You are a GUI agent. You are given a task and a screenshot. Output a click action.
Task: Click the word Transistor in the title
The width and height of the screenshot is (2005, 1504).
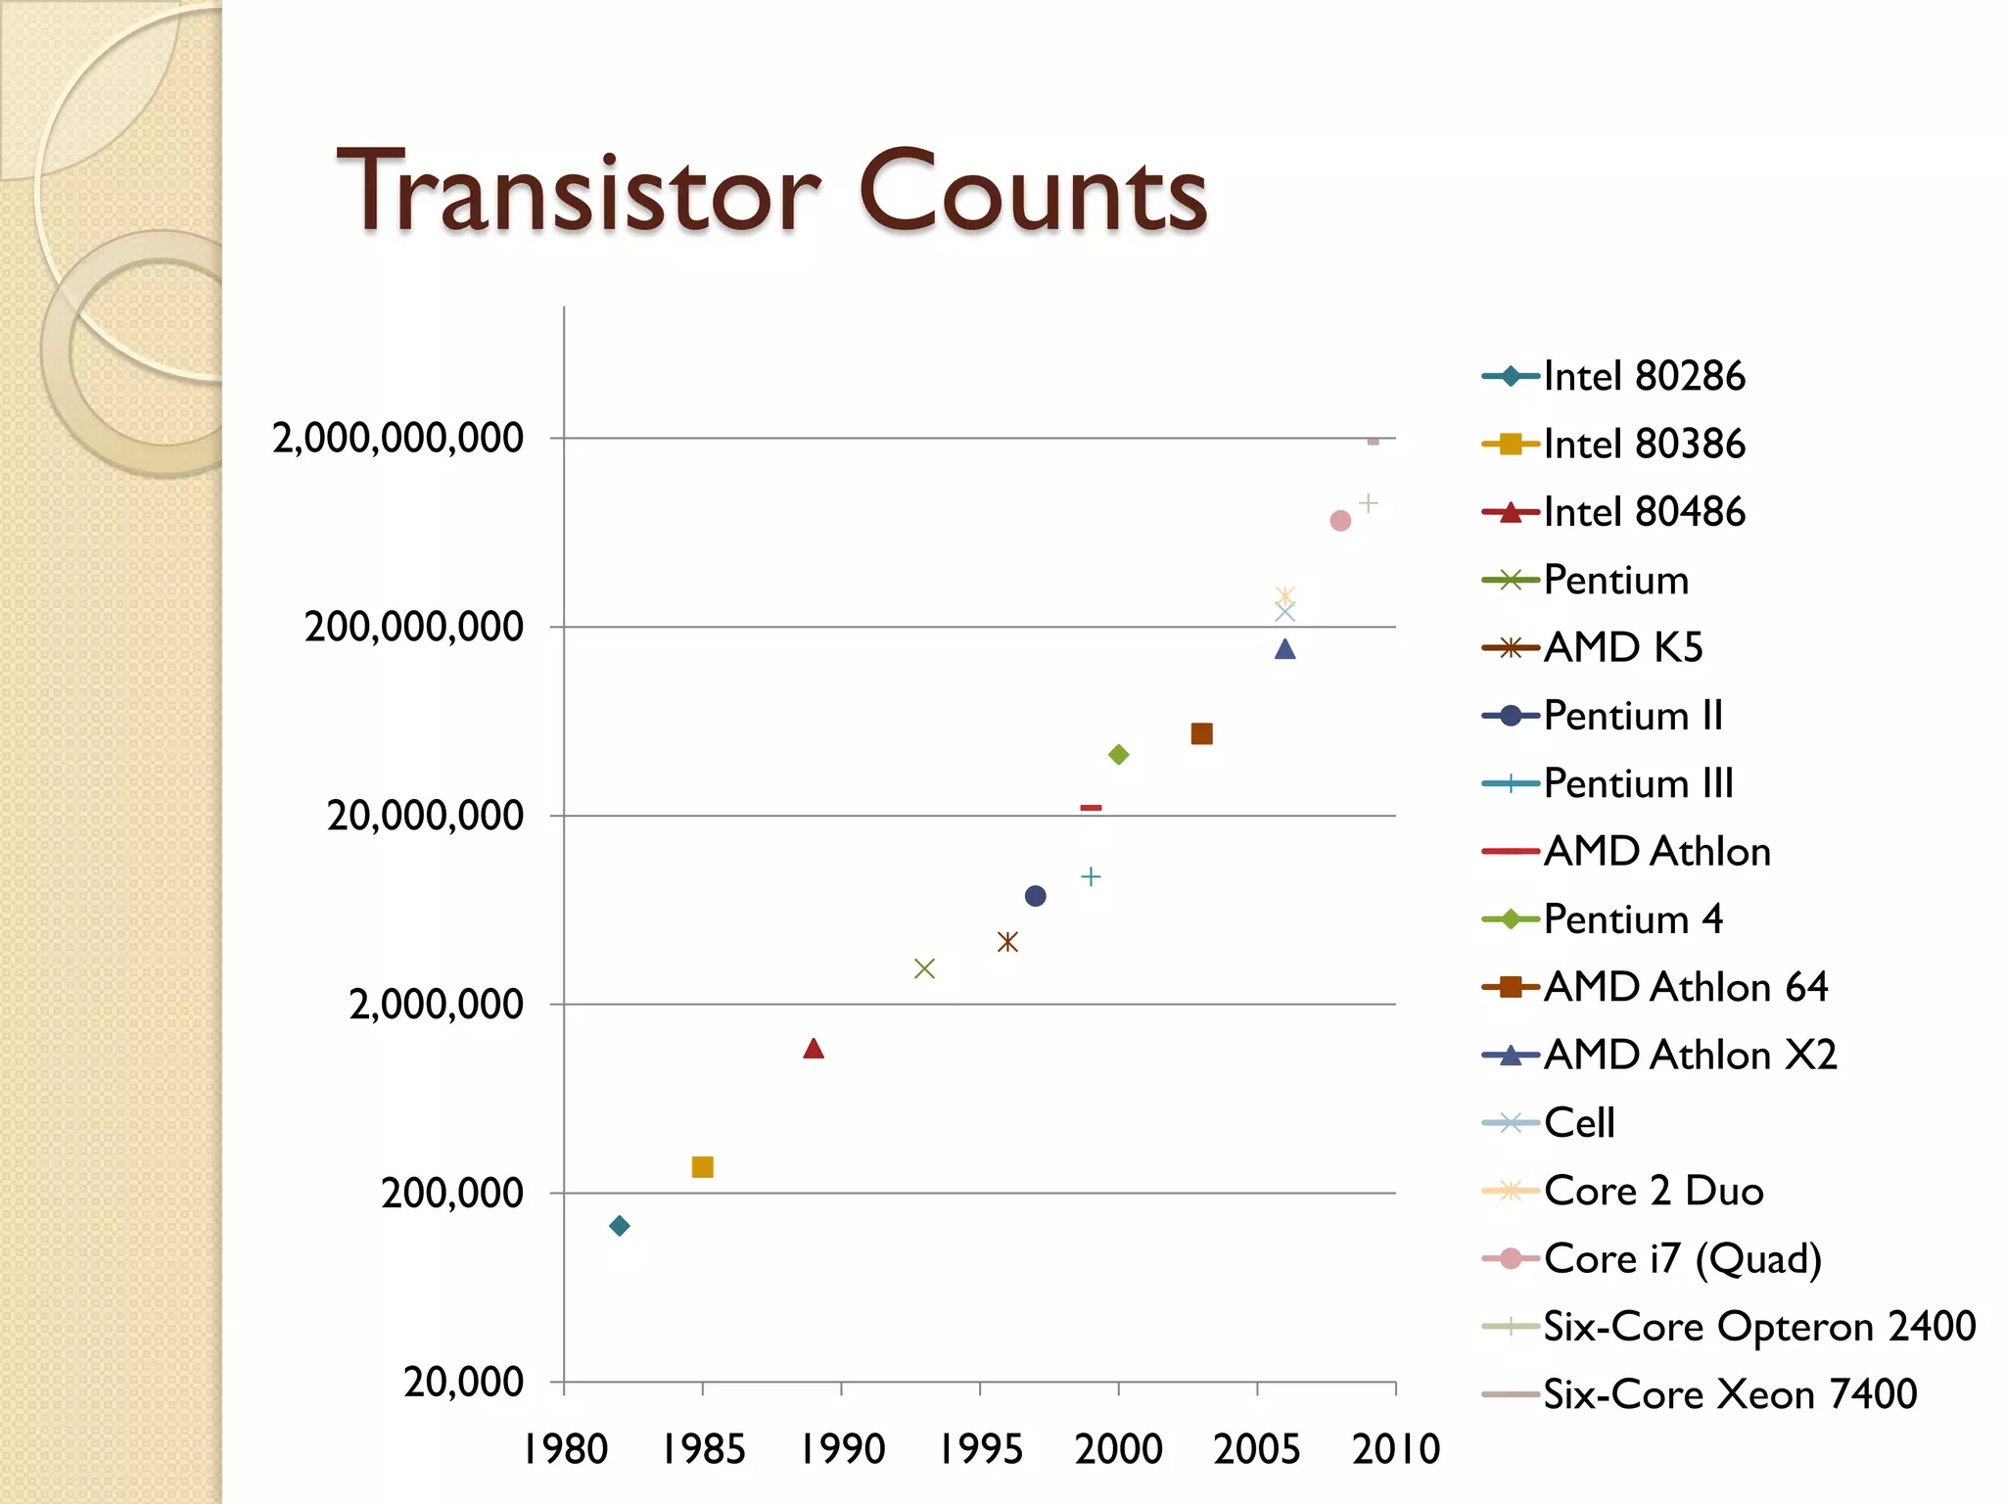point(578,192)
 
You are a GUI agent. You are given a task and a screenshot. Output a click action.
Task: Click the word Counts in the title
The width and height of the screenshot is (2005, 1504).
point(1033,192)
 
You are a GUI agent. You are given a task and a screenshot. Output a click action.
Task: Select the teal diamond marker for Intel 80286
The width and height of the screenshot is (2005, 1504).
point(619,1226)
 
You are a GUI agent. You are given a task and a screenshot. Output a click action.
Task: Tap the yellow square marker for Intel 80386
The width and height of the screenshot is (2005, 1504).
point(702,1167)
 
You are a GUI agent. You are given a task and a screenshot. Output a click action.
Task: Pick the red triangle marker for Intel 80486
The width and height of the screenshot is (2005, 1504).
point(814,1049)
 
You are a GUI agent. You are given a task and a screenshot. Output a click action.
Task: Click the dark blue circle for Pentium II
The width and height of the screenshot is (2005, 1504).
point(1035,896)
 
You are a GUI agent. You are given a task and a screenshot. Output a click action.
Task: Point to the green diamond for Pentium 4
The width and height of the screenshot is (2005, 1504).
point(1118,754)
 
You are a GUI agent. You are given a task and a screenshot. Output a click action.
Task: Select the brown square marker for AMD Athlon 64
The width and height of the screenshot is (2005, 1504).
point(1202,733)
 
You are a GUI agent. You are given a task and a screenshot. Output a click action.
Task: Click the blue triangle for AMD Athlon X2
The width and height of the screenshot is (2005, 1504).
point(1285,649)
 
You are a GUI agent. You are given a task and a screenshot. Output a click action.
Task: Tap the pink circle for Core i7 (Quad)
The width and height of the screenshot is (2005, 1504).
point(1340,521)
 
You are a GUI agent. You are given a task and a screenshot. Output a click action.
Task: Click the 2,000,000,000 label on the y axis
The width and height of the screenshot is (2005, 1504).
point(397,438)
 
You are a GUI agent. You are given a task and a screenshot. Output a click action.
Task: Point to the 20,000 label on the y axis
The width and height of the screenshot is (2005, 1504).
point(463,1383)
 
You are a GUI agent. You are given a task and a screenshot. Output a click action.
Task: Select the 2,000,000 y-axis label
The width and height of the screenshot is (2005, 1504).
point(436,1005)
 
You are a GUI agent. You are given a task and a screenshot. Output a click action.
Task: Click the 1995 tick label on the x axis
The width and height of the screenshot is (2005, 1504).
point(980,1449)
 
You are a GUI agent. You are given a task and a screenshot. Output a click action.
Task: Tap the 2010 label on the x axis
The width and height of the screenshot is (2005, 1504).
point(1396,1449)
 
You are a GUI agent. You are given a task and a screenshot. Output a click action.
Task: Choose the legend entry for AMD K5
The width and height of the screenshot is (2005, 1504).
point(1622,647)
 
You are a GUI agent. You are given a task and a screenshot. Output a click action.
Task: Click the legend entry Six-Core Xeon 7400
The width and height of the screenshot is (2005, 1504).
point(1729,1393)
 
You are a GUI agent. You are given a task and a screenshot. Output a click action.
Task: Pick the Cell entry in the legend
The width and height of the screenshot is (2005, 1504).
point(1578,1122)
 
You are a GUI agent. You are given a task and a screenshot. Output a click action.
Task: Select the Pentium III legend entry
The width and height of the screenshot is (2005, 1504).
point(1638,783)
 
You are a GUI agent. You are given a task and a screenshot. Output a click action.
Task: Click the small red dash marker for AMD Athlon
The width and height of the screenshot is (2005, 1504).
point(1091,808)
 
